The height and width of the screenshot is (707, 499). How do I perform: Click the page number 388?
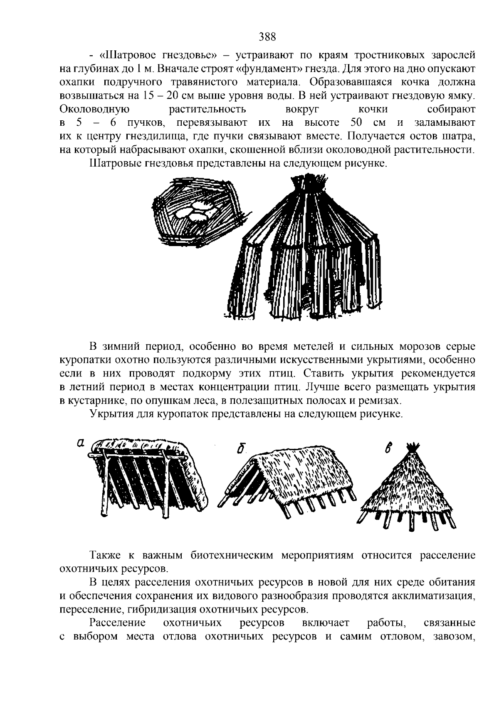coord(267,37)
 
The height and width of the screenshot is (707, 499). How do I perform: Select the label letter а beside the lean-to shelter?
coord(81,444)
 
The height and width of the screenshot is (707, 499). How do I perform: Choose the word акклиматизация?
coord(432,596)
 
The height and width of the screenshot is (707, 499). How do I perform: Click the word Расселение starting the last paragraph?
coord(118,623)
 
